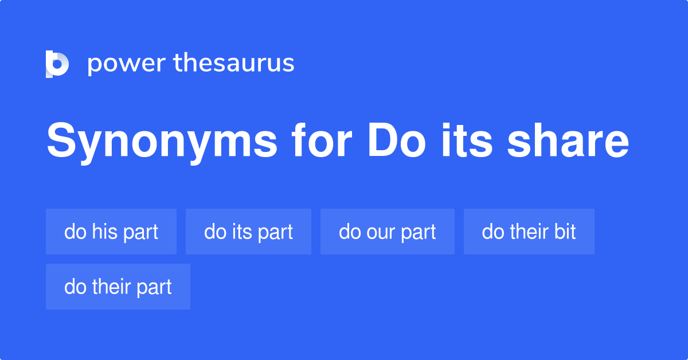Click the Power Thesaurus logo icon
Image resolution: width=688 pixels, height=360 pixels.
[x=57, y=64]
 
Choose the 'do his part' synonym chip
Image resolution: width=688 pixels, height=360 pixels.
[x=111, y=232]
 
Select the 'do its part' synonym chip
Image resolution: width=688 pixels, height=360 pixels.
[x=248, y=232]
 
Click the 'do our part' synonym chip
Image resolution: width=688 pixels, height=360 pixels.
[x=388, y=232]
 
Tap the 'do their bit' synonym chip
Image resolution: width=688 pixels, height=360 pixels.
[x=529, y=232]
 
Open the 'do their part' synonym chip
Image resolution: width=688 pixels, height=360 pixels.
[x=118, y=287]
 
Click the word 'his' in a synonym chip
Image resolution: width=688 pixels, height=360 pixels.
[x=104, y=232]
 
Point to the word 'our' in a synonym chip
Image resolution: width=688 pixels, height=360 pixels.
[x=378, y=232]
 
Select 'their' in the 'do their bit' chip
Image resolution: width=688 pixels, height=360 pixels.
[x=527, y=232]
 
